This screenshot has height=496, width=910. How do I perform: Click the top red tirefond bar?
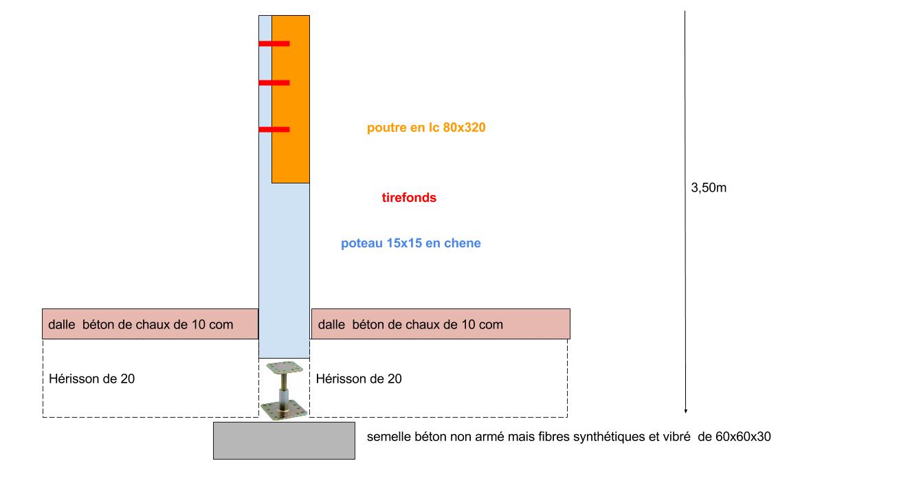coord(274,44)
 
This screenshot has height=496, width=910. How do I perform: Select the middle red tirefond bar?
coord(274,83)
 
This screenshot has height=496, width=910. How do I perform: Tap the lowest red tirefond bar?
coord(274,129)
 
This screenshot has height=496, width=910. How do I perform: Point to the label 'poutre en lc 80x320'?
coord(426,128)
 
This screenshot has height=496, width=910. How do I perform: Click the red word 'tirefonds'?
coord(409,198)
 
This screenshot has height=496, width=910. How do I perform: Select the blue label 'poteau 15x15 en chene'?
coord(410,243)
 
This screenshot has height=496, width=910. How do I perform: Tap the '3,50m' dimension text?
coord(708,188)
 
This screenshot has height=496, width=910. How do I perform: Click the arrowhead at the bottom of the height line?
coord(685,410)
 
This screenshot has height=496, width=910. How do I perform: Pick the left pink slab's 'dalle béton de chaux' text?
coord(140,324)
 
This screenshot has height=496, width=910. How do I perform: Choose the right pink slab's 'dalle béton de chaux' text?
coord(410,324)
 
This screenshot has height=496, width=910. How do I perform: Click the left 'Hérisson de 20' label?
coord(92,379)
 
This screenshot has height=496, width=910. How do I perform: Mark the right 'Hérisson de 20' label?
coord(359,379)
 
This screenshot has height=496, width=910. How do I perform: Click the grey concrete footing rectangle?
coord(284,440)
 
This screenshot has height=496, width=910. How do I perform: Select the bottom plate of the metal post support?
coord(283,409)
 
